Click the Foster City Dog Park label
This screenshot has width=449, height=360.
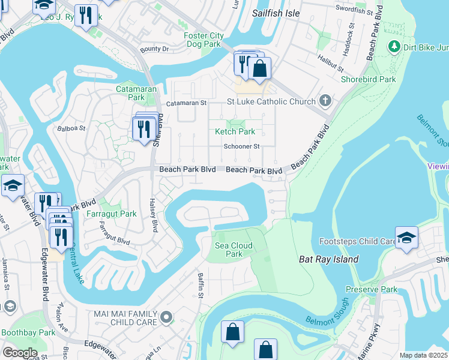[x=203, y=40]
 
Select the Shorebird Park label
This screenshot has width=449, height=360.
[x=368, y=79]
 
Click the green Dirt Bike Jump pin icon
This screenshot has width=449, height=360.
[x=394, y=46]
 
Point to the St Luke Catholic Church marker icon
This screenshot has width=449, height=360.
[x=325, y=101]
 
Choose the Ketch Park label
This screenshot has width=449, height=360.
[x=235, y=131]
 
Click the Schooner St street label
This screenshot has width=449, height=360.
[x=241, y=146]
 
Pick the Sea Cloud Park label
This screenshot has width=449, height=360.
[x=234, y=250]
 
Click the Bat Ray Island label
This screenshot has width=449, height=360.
[x=328, y=259]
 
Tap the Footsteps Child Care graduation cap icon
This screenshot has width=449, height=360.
[x=406, y=236]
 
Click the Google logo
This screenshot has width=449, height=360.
[x=20, y=353]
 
